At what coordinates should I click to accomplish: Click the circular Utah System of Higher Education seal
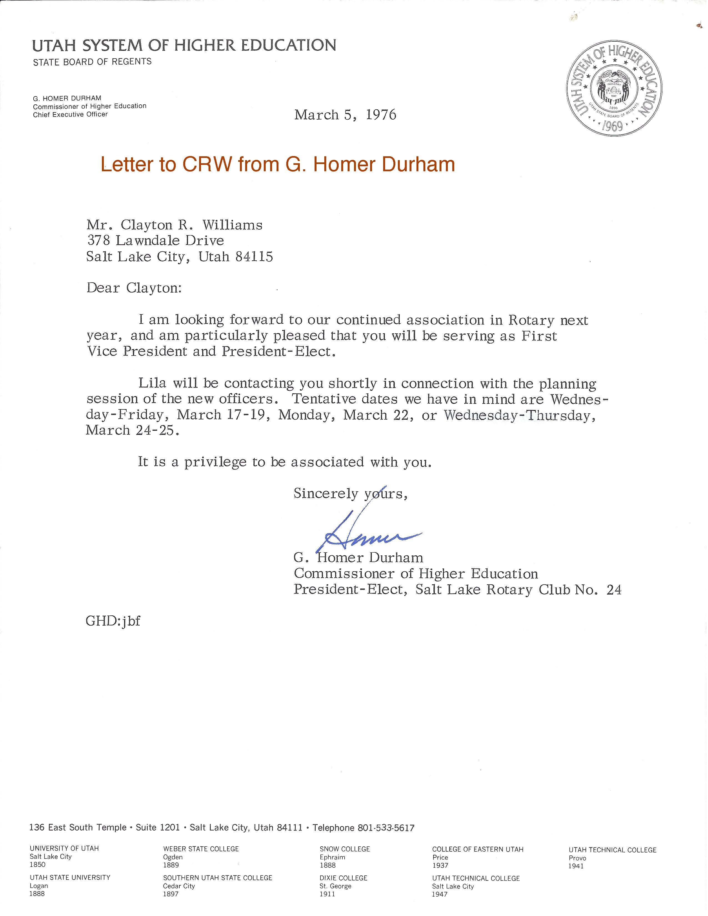614,88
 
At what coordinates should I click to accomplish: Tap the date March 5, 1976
345,115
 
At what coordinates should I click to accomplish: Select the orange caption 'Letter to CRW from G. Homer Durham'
278,164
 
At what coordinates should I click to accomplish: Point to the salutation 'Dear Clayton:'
134,289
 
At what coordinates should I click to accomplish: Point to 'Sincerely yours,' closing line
350,494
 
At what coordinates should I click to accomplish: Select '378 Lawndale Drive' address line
155,241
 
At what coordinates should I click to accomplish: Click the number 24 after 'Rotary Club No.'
614,590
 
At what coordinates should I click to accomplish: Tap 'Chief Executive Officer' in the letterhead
71,114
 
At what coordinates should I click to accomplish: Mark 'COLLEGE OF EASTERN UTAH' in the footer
478,849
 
